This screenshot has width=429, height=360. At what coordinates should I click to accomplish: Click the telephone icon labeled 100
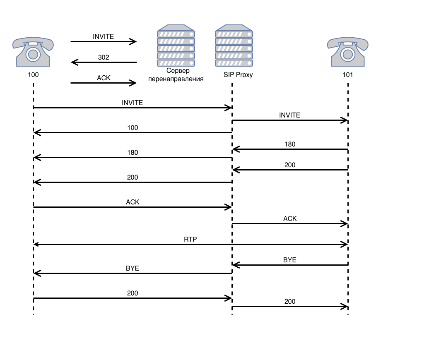[33, 51]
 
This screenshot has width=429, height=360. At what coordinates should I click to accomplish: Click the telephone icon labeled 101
[348, 51]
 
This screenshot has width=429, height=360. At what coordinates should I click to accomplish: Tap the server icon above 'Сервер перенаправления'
[176, 46]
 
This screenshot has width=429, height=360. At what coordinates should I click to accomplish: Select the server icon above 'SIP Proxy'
[234, 46]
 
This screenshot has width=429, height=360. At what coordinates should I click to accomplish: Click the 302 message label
[104, 57]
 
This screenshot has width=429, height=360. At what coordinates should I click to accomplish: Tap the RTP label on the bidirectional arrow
[190, 239]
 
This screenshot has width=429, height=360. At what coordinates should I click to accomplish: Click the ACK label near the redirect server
[104, 78]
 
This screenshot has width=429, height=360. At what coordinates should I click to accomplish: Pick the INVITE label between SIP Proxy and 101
[290, 115]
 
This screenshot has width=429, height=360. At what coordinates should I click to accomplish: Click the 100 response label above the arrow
[133, 127]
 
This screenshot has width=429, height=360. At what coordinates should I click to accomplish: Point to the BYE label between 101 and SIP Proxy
[290, 260]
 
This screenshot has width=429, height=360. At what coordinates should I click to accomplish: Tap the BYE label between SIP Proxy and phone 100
[133, 268]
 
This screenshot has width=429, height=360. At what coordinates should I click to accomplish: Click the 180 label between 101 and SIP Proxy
[290, 144]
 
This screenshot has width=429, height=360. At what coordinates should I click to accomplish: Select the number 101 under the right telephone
[348, 75]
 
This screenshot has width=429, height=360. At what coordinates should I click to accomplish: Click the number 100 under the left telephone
[33, 75]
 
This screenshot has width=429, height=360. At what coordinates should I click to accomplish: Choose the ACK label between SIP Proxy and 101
[290, 218]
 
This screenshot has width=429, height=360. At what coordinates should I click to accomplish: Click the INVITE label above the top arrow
[104, 36]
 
